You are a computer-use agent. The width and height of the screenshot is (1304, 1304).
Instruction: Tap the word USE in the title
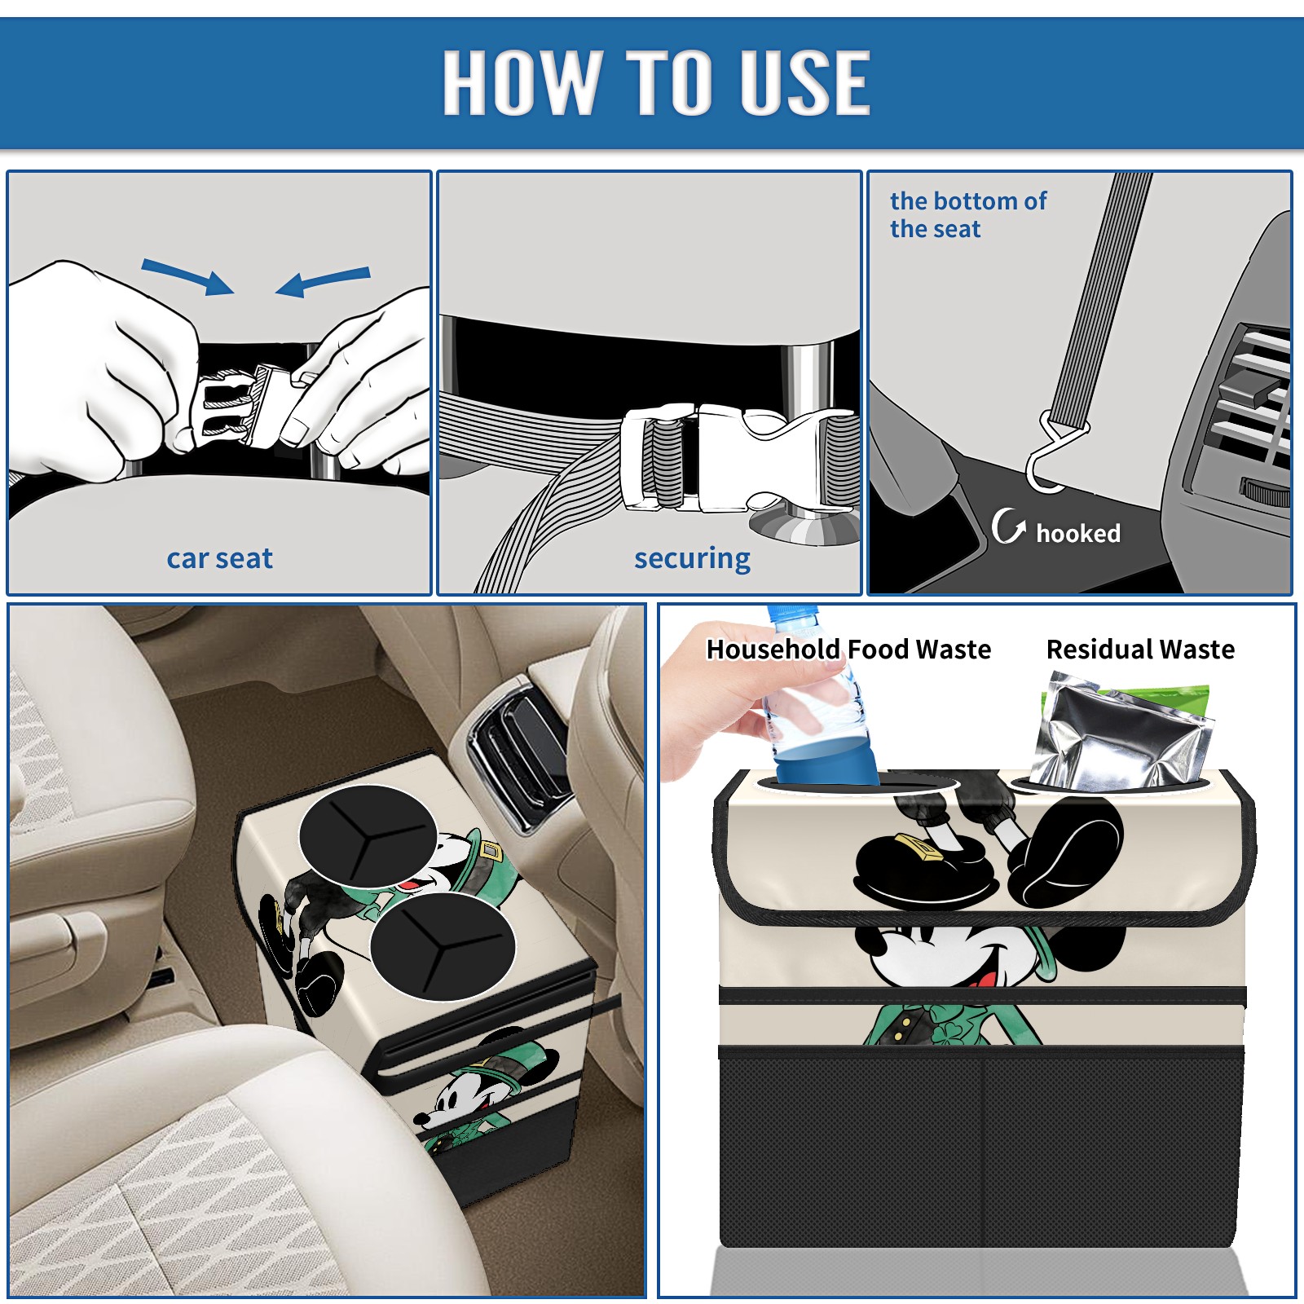coord(804,81)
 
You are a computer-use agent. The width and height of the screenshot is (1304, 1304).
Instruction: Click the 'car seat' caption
coord(219,558)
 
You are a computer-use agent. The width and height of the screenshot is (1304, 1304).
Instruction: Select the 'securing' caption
coord(692,559)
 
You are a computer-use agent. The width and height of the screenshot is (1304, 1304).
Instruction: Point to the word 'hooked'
coord(1078,533)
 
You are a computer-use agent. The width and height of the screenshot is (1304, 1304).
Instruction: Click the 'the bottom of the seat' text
coord(967,214)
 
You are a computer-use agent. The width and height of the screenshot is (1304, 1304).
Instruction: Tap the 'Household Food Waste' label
coord(848,649)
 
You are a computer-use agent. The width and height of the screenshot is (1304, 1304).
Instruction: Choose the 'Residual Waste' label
coord(1140,649)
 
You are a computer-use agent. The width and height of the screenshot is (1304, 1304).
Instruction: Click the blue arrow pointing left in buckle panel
coord(323,282)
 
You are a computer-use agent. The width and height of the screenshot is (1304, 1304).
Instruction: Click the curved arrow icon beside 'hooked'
coord(1008,526)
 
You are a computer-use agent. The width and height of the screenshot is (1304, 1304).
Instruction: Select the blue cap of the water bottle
coord(791,612)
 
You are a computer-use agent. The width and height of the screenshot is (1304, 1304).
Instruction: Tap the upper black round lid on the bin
coord(368,836)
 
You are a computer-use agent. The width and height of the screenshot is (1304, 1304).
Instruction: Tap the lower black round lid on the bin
coord(443,945)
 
